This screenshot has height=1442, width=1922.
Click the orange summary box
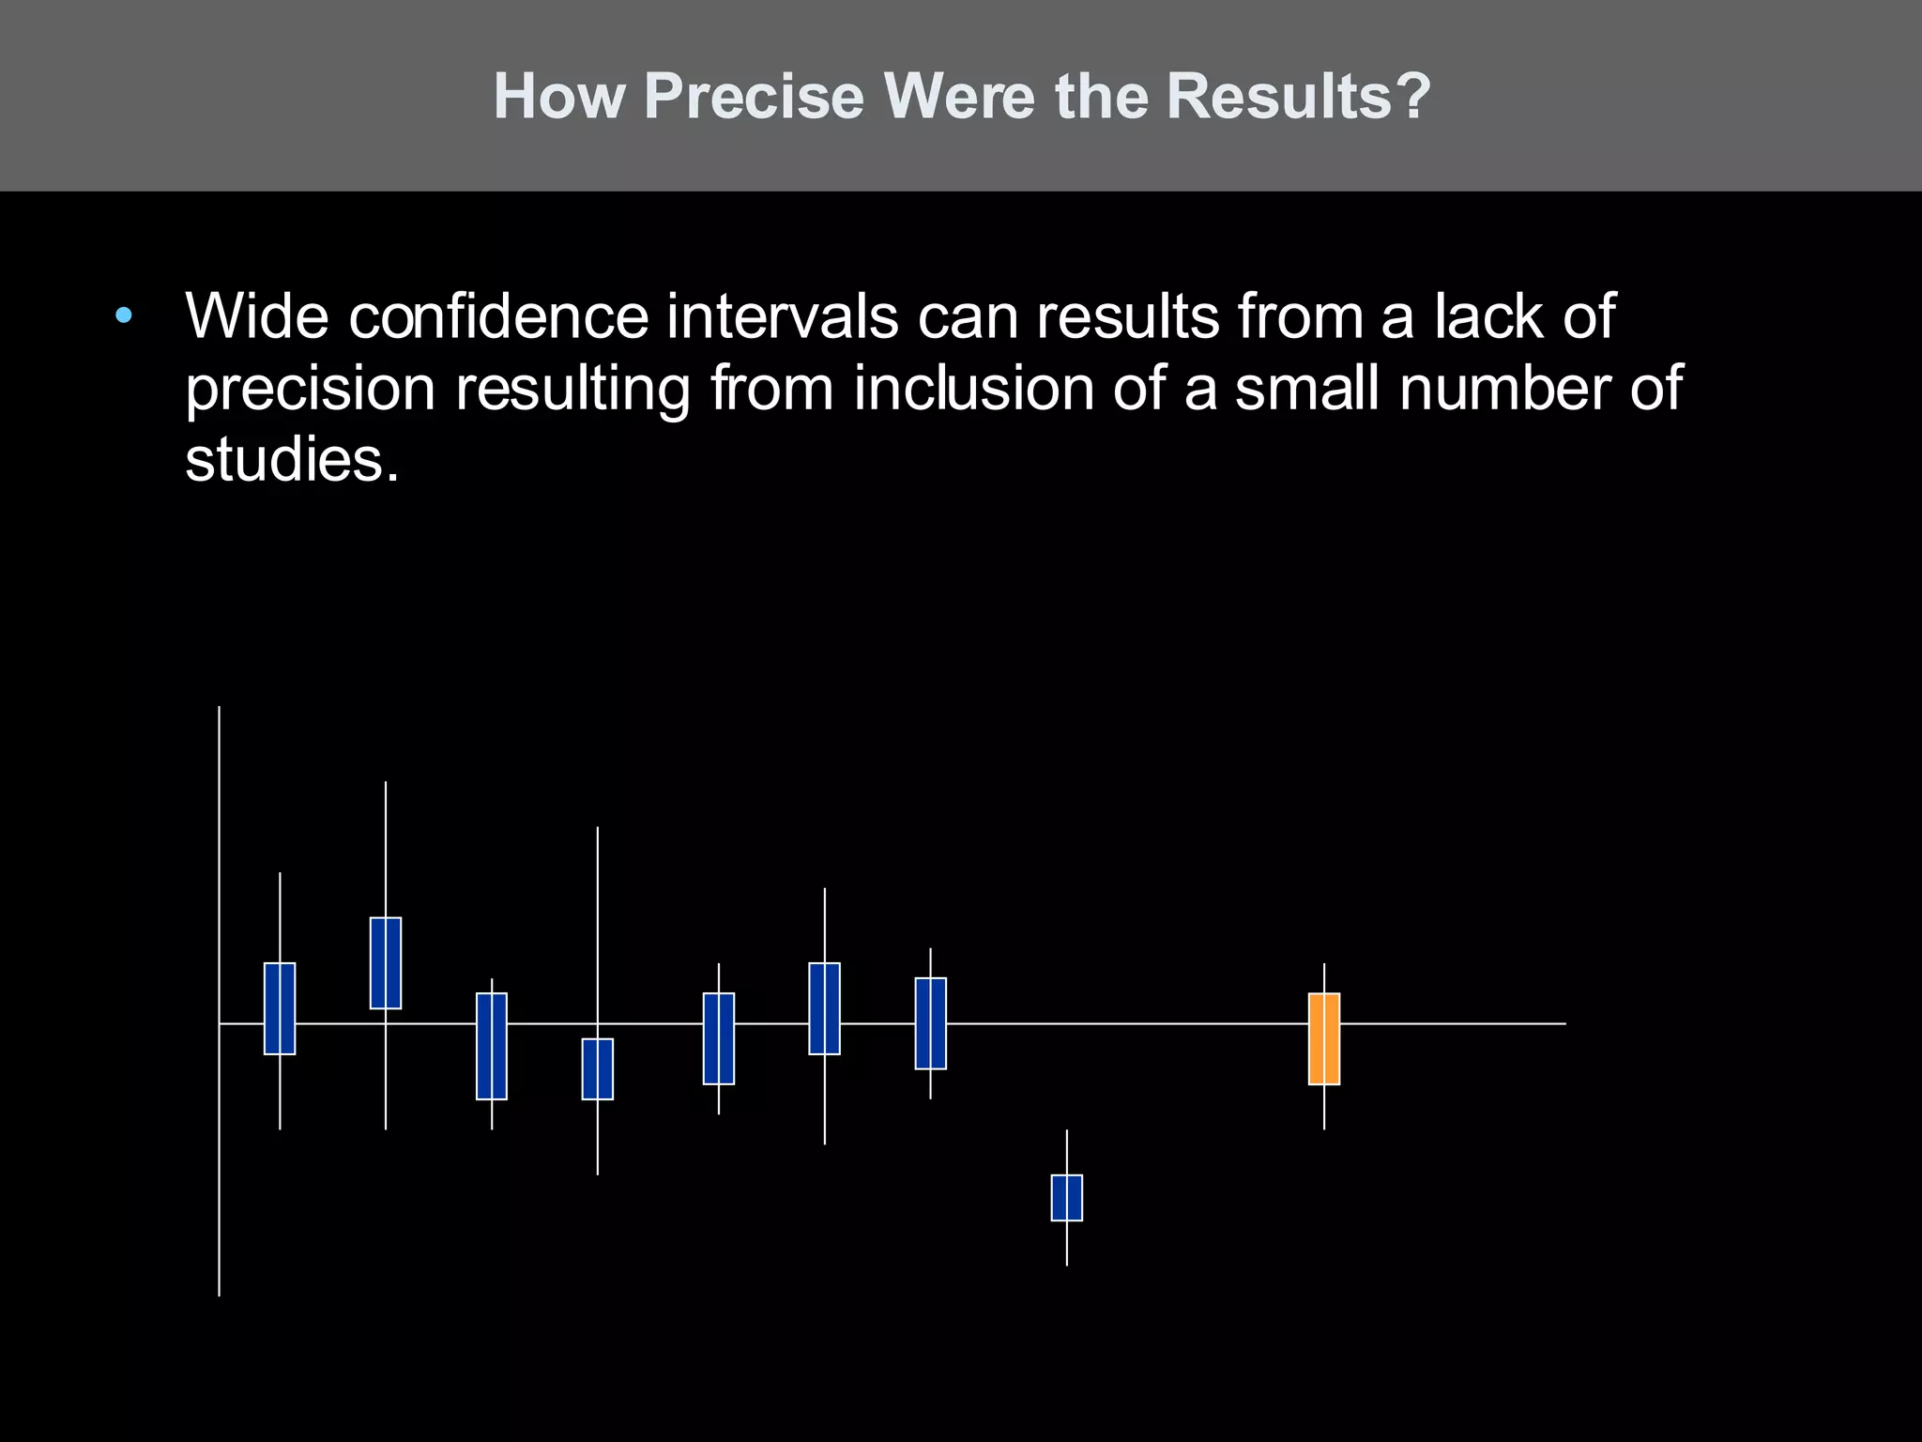(1323, 1038)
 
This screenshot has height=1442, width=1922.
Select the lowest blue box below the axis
(1066, 1197)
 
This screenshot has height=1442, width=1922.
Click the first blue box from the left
(280, 1008)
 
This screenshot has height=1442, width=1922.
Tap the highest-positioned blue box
(386, 962)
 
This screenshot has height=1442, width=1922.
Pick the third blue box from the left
(492, 1046)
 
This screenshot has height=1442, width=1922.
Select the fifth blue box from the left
(719, 1038)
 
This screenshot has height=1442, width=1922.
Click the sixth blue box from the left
(825, 1008)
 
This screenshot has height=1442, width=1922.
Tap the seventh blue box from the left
(930, 1023)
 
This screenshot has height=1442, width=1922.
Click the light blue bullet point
(124, 316)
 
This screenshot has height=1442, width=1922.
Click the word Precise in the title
(754, 96)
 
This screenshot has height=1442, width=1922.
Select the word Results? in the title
(1299, 96)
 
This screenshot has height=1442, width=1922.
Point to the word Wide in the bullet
(257, 316)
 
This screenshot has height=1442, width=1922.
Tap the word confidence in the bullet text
(498, 316)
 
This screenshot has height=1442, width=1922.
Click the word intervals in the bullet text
(783, 316)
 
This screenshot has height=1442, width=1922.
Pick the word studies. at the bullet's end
(292, 460)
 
